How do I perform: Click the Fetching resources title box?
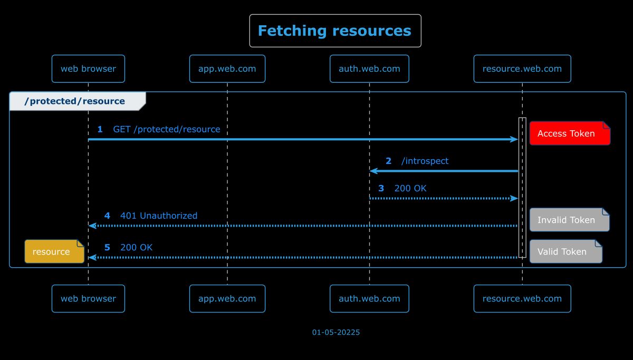(x=335, y=31)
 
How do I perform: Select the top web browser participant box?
(x=88, y=69)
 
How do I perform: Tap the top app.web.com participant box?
(x=227, y=69)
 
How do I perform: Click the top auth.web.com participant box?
(x=369, y=69)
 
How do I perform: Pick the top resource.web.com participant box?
(x=522, y=69)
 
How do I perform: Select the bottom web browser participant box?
(x=88, y=298)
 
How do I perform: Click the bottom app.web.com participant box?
(x=227, y=298)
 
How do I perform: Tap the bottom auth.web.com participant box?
(x=369, y=298)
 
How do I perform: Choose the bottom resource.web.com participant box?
(x=522, y=298)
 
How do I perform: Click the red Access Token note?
(x=569, y=133)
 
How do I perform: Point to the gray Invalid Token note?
(x=569, y=220)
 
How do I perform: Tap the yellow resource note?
(x=54, y=251)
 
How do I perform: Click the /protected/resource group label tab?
(x=75, y=101)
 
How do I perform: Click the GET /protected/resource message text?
(x=167, y=129)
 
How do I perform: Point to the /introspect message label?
(x=425, y=161)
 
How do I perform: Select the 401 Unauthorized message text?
(x=159, y=216)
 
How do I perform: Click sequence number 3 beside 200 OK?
(x=381, y=188)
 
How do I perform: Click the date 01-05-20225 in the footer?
(x=336, y=332)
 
